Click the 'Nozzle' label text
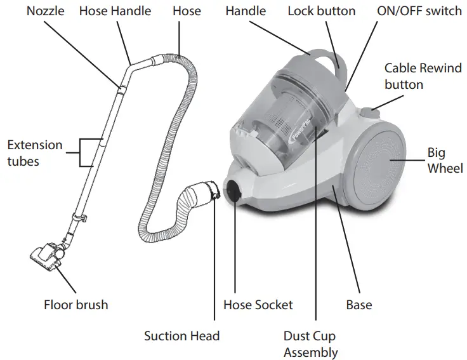click(45, 11)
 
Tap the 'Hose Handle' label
click(115, 11)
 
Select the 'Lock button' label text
click(321, 11)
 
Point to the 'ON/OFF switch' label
click(419, 11)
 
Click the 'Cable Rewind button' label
click(423, 76)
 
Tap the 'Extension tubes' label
click(35, 153)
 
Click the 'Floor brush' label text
click(76, 305)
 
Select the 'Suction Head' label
click(181, 336)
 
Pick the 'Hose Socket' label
click(258, 305)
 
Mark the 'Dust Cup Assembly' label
click(310, 344)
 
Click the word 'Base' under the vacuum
click(358, 305)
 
